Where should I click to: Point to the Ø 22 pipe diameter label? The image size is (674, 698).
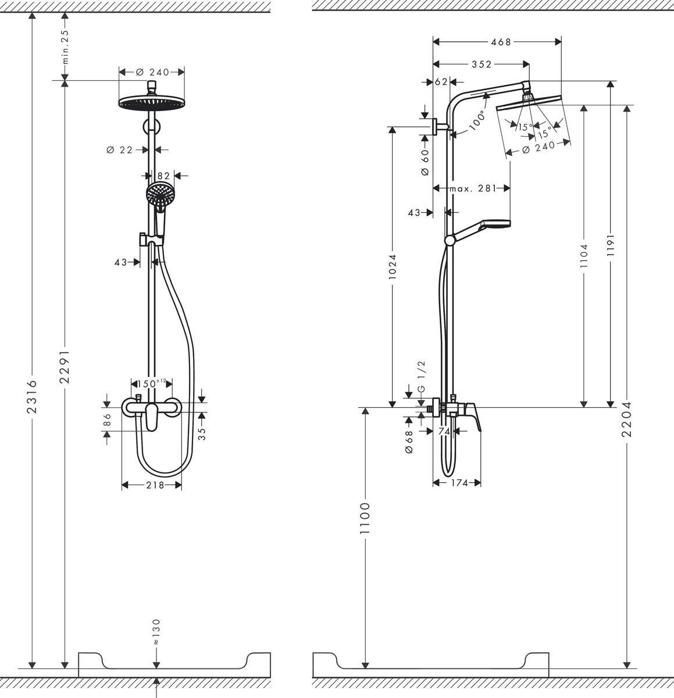pos(120,150)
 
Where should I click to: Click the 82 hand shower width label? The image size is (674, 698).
pos(163,175)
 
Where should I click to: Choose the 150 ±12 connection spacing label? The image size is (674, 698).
pos(150,383)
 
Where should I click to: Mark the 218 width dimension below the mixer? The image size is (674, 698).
pos(154,485)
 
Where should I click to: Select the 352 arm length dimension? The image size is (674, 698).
pos(482,65)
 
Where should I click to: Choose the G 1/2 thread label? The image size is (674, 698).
pos(422,376)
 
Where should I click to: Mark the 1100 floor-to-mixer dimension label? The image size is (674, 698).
pos(365,519)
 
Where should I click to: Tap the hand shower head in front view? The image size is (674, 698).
pos(160,193)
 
